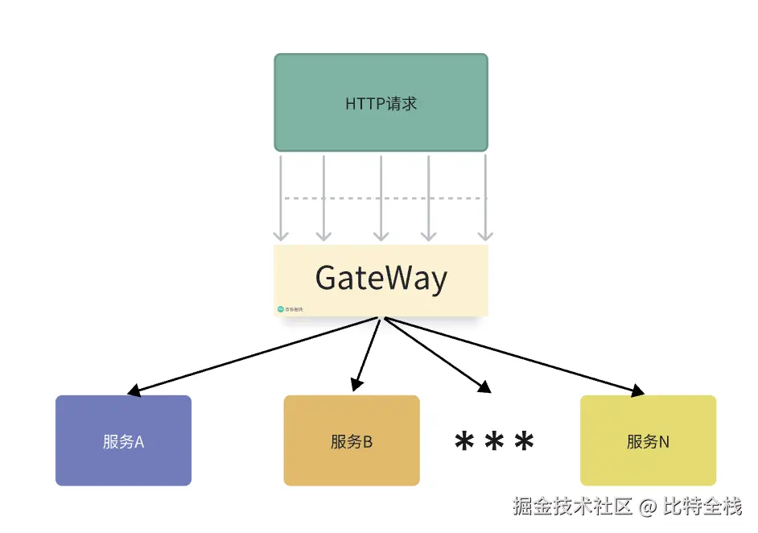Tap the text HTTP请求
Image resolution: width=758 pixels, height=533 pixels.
click(381, 104)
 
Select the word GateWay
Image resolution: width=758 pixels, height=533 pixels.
click(381, 279)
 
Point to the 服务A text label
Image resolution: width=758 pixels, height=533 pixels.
click(123, 441)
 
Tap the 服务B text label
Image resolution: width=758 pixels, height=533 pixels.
click(352, 441)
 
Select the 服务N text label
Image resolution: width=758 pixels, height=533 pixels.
click(648, 441)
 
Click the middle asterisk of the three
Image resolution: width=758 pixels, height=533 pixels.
click(494, 441)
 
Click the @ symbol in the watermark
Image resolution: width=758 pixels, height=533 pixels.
click(649, 507)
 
